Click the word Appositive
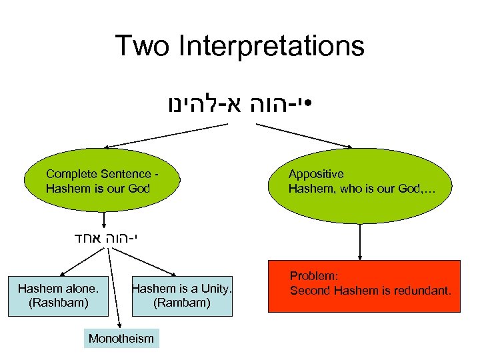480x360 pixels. pos(316,174)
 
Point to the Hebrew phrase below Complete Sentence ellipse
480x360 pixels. pos(107,237)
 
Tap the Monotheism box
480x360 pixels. pos(121,339)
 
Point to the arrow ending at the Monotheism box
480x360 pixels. pos(115,287)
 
